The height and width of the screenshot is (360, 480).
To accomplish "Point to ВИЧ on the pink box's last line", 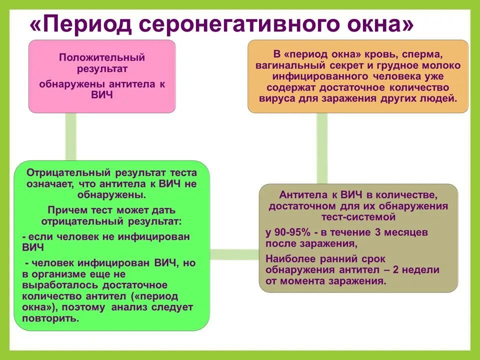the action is tap(102, 95).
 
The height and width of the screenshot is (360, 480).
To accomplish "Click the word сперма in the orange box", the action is tap(420, 54).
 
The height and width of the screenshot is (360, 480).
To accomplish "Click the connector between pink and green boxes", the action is tap(71, 136).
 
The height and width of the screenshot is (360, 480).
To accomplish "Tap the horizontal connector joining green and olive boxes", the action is tap(234, 254).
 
